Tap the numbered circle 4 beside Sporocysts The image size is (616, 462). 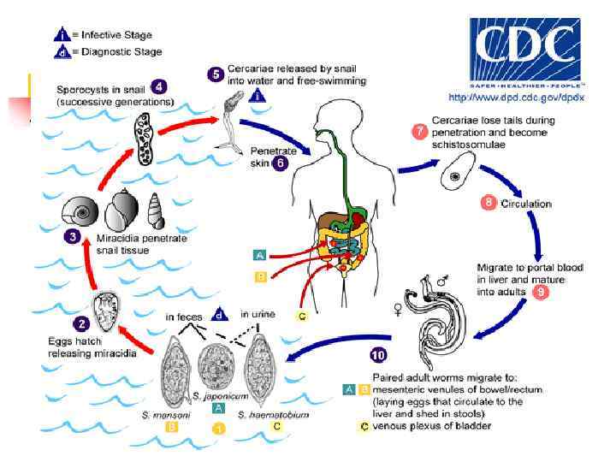[x=159, y=86]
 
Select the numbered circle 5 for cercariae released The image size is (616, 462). [x=217, y=74]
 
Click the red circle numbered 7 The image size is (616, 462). [x=419, y=132]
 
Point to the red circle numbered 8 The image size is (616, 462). [x=489, y=203]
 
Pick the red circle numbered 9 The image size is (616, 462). [x=540, y=293]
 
